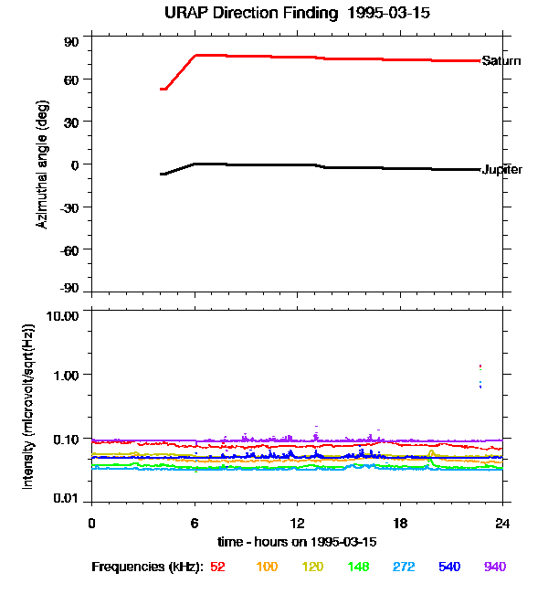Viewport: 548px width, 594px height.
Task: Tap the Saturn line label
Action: click(x=501, y=61)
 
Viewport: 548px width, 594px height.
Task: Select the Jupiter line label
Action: click(x=501, y=170)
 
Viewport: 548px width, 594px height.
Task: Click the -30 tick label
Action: click(x=69, y=207)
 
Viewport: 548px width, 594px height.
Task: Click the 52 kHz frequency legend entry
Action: click(x=217, y=567)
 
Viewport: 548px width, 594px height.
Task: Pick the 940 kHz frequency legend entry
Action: click(x=494, y=567)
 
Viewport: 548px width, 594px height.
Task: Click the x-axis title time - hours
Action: click(x=297, y=542)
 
